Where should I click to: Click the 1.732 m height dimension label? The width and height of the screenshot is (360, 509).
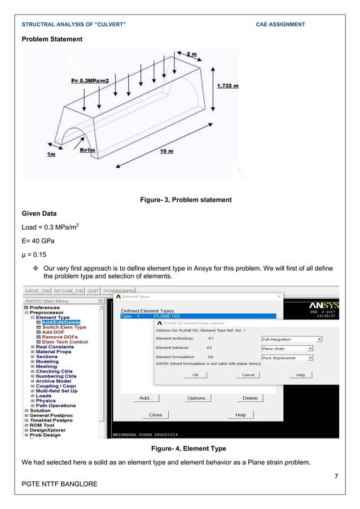227,86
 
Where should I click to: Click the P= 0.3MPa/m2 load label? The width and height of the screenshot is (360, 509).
91,81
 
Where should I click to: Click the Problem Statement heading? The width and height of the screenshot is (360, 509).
52,39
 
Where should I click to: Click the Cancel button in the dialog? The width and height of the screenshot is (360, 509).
248,375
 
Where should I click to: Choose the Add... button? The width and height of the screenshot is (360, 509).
146,398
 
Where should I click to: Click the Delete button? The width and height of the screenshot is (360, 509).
249,398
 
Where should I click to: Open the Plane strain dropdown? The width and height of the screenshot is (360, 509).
287,349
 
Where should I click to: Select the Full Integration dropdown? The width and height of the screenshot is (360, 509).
292,339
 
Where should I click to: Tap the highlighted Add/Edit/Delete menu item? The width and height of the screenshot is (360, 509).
61,322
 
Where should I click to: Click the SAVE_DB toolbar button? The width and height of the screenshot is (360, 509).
38,291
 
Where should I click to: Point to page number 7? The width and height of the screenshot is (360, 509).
336,477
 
